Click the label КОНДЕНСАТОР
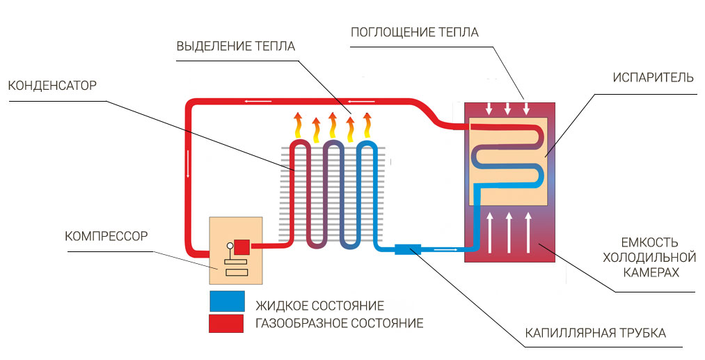click(52, 86)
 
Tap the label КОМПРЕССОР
click(106, 236)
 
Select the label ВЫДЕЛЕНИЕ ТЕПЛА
click(236, 47)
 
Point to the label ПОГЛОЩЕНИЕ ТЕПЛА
click(415, 32)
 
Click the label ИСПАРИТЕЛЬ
click(653, 77)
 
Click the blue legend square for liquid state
click(227, 301)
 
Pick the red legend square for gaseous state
click(227, 323)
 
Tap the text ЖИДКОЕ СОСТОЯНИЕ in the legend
click(319, 306)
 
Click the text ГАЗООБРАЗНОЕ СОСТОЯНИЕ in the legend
click(339, 323)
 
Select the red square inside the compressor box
click(241, 246)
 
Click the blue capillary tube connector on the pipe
click(406, 248)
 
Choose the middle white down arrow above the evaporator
click(508, 109)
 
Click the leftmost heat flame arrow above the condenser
click(299, 126)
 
